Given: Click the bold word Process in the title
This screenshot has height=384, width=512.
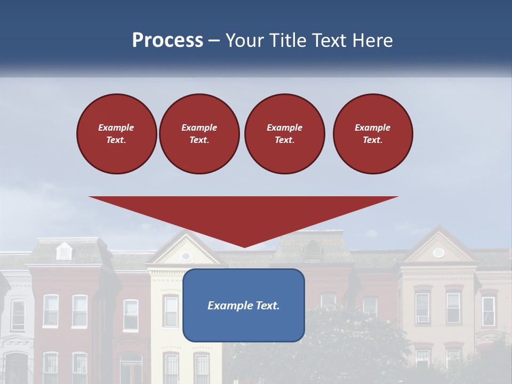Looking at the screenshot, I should (x=167, y=41).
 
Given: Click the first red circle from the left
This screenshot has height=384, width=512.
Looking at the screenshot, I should (x=116, y=133).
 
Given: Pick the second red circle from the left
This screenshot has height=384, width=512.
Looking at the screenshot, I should (x=199, y=133).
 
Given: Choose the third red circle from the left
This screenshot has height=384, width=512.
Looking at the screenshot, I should (x=284, y=133).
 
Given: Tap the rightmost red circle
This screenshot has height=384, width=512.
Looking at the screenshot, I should (x=372, y=133).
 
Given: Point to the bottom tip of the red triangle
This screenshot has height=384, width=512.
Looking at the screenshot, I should (x=244, y=246).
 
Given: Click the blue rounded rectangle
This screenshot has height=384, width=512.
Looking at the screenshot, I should (x=244, y=325).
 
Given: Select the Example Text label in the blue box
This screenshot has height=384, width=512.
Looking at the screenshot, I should (x=244, y=306).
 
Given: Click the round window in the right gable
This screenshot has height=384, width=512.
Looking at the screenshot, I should (x=438, y=252).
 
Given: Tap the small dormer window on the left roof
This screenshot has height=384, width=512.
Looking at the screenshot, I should (x=64, y=251).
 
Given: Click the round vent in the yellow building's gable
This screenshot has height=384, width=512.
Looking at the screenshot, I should (x=186, y=256).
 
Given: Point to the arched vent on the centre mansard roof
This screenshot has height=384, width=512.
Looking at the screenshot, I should (x=312, y=250).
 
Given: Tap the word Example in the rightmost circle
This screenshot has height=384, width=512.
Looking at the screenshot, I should (x=372, y=127).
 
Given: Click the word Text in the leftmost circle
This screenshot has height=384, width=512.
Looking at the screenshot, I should (x=116, y=140).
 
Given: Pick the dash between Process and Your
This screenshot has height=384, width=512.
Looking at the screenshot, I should (x=214, y=41).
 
